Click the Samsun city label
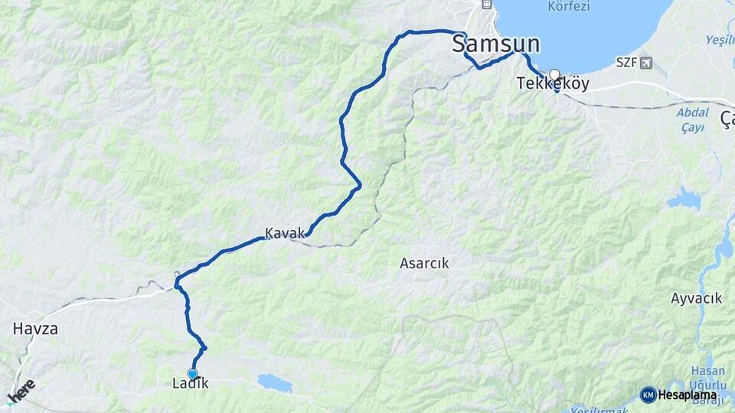point(495,43)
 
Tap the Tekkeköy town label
point(553,83)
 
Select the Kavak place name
point(284,233)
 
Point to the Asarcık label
point(424,263)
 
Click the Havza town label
point(35,329)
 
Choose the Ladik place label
point(191,384)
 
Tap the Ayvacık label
point(696,298)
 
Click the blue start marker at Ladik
point(193,373)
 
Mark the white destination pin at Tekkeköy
point(554,75)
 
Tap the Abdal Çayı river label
point(692,120)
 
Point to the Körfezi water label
point(569,7)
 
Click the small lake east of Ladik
point(275,382)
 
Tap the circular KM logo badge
point(648,395)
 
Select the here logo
point(21,390)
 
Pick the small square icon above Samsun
point(486,5)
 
